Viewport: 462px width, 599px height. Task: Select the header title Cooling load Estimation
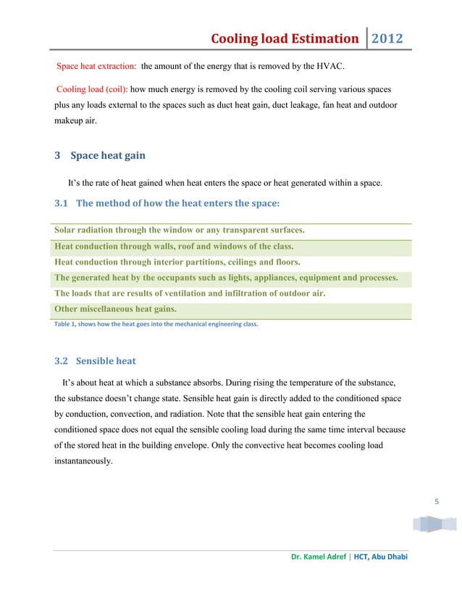click(284, 38)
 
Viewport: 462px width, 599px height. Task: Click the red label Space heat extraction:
click(97, 67)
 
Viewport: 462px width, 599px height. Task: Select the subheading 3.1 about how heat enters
click(167, 202)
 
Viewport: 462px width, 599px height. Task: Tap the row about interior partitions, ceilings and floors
click(177, 262)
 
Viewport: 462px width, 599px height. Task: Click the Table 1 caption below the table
click(156, 324)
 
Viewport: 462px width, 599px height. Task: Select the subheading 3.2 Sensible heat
click(95, 360)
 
